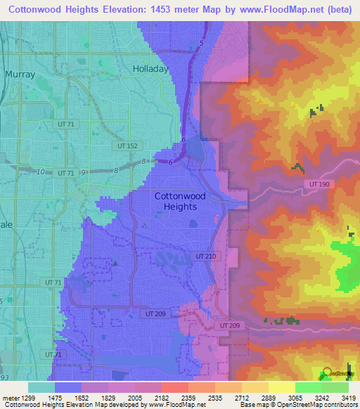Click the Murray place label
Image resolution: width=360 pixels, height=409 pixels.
(19, 73)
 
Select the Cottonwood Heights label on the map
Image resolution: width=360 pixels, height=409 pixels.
(180, 202)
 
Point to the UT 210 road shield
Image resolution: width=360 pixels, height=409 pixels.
(206, 257)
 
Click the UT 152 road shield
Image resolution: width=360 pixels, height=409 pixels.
(124, 145)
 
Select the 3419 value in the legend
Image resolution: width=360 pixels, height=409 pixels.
(349, 397)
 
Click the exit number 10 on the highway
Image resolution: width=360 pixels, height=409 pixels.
(41, 171)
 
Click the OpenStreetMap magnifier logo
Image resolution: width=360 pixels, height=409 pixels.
(328, 373)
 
